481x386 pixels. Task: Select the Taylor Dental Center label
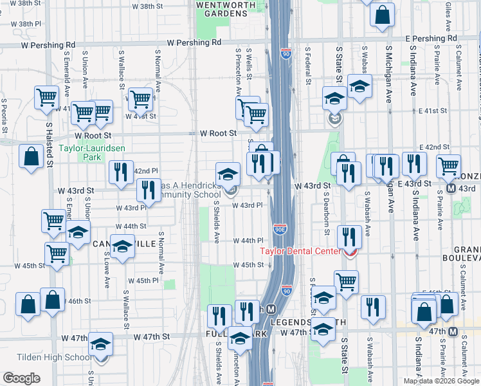300,252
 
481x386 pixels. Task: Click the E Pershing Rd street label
435,39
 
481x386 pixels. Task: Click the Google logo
21,378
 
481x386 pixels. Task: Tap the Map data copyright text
440,381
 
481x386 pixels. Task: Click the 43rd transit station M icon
451,189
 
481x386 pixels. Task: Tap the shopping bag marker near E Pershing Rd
382,17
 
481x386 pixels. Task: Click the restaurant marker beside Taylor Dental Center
349,237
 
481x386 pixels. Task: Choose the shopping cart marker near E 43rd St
448,166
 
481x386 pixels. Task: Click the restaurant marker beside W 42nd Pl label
120,172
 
